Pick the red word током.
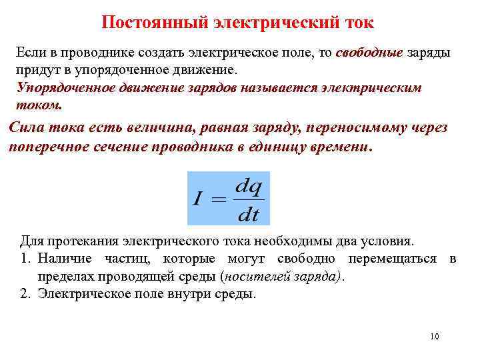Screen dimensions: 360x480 pyautogui.click(x=37, y=105)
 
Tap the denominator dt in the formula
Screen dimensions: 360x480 pyautogui.click(x=249, y=214)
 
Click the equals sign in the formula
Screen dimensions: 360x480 pyautogui.click(x=219, y=199)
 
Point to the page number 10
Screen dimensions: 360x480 pyautogui.click(x=435, y=337)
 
